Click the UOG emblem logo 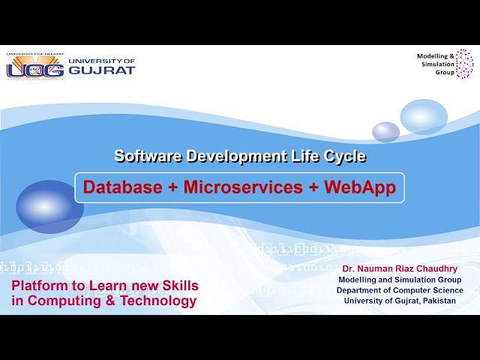(x=34, y=67)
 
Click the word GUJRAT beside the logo (x=102, y=70)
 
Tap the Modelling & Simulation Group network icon (x=465, y=64)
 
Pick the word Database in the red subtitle (x=122, y=187)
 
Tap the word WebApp (x=360, y=187)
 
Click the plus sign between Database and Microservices (x=172, y=187)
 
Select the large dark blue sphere (x=49, y=206)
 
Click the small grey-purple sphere (x=385, y=132)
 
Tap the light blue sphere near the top (x=424, y=116)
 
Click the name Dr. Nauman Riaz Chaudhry (x=399, y=268)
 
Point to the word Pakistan (x=436, y=301)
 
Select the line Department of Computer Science (x=399, y=290)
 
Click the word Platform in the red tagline (x=37, y=286)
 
